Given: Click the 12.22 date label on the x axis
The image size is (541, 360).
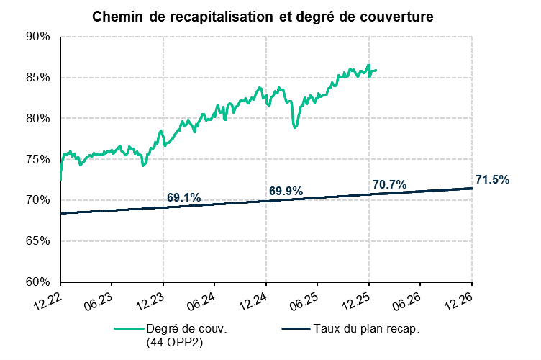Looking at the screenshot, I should (x=47, y=298).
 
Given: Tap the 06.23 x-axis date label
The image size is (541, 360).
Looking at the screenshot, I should (x=99, y=298).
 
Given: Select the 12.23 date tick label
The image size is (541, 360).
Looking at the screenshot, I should (x=150, y=298).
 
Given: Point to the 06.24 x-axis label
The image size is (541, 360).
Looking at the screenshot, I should (x=201, y=298).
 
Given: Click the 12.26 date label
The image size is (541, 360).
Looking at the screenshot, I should (x=458, y=298).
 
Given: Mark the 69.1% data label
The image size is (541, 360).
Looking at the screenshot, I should (x=183, y=197).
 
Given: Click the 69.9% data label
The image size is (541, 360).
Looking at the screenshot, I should (x=286, y=191).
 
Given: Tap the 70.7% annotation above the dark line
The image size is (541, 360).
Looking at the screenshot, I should (x=389, y=185).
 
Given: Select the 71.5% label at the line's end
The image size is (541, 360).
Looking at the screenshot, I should (x=492, y=179).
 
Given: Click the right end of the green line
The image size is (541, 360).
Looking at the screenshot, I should (x=376, y=71).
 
